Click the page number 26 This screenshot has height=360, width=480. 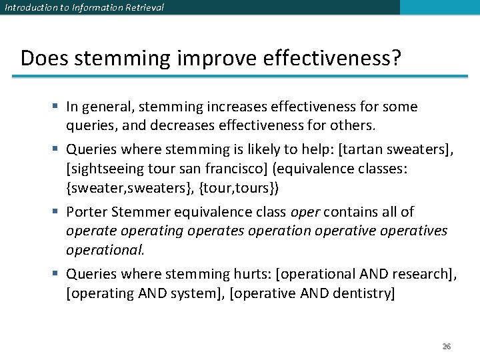tap(447, 347)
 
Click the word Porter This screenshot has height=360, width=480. tap(85, 212)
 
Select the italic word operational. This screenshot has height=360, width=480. tap(105, 249)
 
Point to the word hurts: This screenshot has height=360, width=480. tap(251, 274)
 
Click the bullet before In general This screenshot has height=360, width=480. tap(58, 107)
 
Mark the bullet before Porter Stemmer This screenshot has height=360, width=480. tap(58, 212)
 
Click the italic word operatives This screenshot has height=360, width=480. tap(415, 231)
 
